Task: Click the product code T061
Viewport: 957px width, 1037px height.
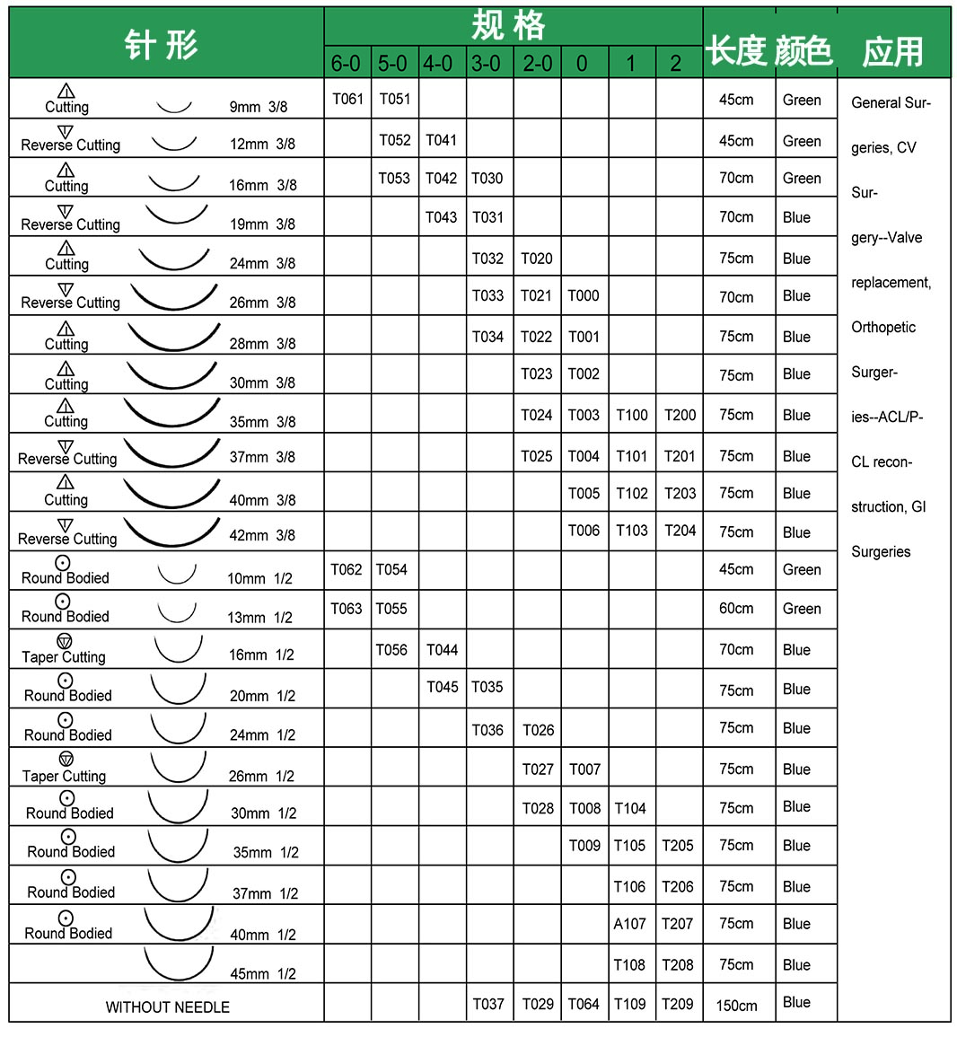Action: click(x=347, y=99)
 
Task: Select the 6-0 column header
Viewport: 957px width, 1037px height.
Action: click(x=346, y=64)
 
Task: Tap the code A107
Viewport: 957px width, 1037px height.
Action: click(x=629, y=924)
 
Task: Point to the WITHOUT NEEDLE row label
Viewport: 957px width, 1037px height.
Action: click(x=167, y=1007)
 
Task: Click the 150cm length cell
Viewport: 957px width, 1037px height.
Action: click(x=736, y=1006)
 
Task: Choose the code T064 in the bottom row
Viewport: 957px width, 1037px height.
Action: click(x=584, y=1005)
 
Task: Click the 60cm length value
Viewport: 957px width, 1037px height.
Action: click(x=736, y=609)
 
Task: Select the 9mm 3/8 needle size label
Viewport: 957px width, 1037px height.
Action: click(x=259, y=107)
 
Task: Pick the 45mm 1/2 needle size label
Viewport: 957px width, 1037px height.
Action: click(x=263, y=974)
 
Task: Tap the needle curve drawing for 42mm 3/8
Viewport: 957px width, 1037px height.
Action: click(x=171, y=532)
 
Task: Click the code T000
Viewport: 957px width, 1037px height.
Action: click(x=584, y=295)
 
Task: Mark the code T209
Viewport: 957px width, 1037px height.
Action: click(x=677, y=1005)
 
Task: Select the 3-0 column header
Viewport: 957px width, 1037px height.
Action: click(x=486, y=64)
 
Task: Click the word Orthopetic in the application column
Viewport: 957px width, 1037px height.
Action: click(x=883, y=328)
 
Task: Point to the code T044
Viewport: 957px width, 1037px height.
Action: click(x=442, y=650)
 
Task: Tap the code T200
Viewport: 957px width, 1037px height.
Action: click(x=680, y=415)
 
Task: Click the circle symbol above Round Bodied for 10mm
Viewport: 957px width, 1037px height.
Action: click(x=63, y=563)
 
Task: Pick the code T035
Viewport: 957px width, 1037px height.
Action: click(x=487, y=688)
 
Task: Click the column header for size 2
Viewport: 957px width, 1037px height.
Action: click(x=676, y=64)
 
